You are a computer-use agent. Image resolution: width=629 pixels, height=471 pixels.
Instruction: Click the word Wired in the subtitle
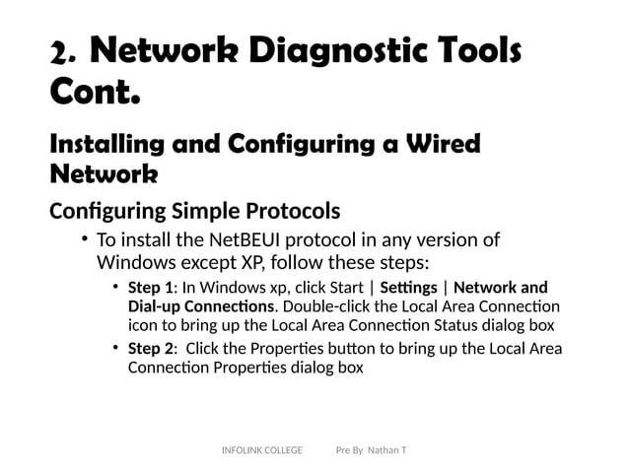[443, 145]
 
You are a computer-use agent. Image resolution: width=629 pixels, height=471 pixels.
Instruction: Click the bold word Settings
[407, 288]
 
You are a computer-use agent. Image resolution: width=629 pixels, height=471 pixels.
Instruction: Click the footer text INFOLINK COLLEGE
[262, 450]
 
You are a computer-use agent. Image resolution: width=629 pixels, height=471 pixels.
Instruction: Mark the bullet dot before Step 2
[116, 349]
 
